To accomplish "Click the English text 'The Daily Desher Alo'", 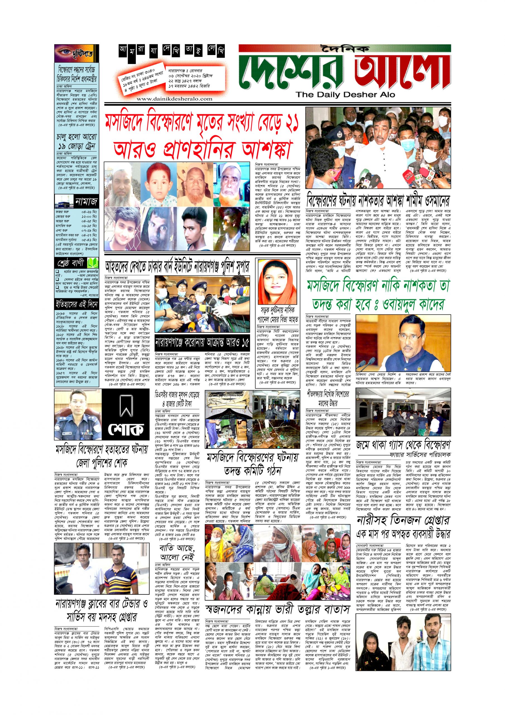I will (x=345, y=95).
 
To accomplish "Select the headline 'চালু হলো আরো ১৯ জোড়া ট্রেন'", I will (x=76, y=142).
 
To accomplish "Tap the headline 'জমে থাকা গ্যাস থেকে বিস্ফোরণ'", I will (x=403, y=444).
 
